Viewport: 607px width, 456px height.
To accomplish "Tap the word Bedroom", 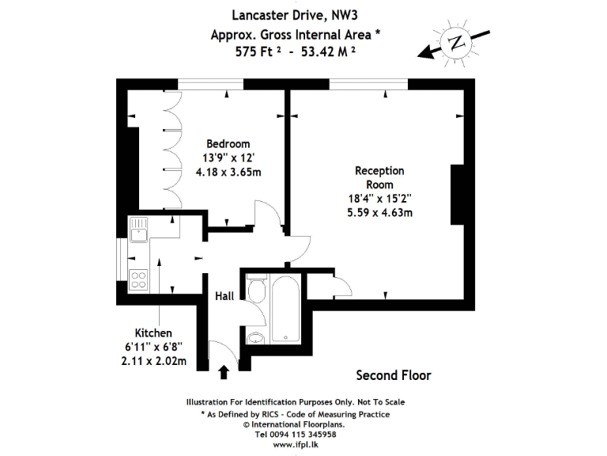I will [228, 143].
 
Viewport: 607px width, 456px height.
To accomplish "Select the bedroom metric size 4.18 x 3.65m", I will [228, 172].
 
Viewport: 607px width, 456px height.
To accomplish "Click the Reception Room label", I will [379, 177].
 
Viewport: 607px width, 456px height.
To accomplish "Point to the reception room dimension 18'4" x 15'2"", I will [379, 198].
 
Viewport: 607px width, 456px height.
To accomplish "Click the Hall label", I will [224, 296].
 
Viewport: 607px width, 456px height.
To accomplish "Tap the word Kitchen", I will [153, 333].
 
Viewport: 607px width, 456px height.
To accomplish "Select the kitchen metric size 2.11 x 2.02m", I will [153, 362].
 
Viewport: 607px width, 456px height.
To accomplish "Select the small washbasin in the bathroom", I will [255, 340].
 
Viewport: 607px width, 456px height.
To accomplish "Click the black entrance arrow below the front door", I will [224, 370].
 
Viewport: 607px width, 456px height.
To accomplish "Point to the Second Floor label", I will [393, 374].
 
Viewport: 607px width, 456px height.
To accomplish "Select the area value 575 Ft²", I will [258, 53].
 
